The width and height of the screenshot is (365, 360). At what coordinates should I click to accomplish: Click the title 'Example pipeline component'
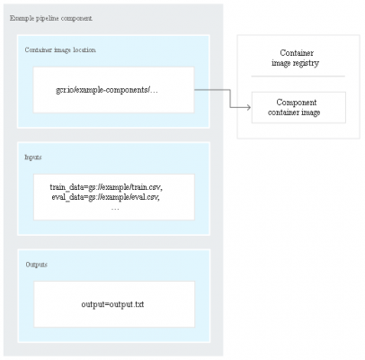(x=51, y=18)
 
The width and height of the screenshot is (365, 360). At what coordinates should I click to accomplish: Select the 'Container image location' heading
(x=60, y=50)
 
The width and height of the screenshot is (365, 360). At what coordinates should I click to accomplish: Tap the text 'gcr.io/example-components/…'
(x=107, y=90)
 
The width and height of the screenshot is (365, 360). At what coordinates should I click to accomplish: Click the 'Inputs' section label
(x=33, y=157)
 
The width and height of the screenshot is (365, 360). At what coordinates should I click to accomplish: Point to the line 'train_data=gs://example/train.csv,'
(x=106, y=187)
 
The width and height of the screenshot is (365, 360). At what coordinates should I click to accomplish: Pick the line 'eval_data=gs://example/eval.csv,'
(x=105, y=197)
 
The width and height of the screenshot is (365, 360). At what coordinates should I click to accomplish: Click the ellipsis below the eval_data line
(x=115, y=209)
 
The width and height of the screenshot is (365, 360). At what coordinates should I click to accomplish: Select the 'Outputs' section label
(x=37, y=265)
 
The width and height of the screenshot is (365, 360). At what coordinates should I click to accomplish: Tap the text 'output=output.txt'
(x=112, y=304)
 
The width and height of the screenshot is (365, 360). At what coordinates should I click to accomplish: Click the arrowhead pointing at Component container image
(x=248, y=107)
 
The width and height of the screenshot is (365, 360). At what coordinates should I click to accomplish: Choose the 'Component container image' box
(x=298, y=107)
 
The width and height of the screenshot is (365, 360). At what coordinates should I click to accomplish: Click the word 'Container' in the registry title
(x=297, y=53)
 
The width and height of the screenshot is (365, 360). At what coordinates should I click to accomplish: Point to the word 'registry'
(x=306, y=63)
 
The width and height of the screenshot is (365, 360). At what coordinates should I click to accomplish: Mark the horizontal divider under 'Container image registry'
(x=298, y=76)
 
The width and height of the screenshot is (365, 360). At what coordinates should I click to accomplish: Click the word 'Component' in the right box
(x=297, y=103)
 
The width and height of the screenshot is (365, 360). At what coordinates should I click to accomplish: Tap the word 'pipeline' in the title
(x=48, y=19)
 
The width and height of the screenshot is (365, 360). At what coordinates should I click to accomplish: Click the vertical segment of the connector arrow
(x=230, y=98)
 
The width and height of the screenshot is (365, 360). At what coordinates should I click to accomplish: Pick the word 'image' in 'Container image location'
(x=62, y=50)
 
